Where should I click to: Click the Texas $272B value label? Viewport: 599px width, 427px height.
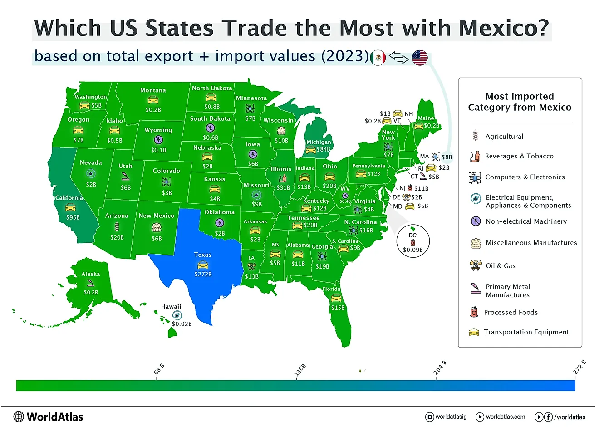203,274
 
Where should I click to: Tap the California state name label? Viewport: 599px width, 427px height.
69,198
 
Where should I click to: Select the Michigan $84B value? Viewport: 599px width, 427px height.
323,149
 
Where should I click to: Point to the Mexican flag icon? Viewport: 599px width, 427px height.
378,58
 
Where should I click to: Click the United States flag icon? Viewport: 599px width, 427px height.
420,58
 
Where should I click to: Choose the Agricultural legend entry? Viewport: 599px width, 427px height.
504,136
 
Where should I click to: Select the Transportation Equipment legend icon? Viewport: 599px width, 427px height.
474,332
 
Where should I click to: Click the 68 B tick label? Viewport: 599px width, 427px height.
159,368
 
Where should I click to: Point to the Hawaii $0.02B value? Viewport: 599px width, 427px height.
182,324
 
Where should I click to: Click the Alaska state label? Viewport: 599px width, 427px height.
91,274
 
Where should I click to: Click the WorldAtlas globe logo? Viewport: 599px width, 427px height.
19,417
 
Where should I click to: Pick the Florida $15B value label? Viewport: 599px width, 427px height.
337,308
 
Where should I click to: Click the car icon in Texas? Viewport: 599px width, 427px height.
203,265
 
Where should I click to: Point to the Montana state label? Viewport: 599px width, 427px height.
153,90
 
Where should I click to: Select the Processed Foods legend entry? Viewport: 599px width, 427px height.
511,312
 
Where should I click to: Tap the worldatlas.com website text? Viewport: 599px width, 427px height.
505,417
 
